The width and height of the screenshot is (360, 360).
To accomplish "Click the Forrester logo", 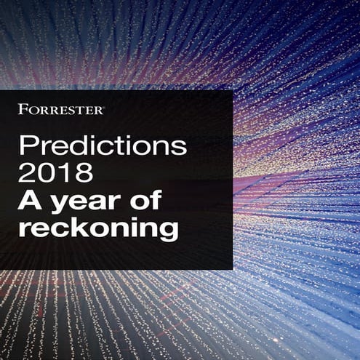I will click(61, 109).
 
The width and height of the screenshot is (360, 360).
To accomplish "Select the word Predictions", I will click(103, 146).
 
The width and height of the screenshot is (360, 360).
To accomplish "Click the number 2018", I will click(56, 174).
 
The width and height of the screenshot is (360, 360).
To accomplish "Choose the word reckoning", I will click(97, 229).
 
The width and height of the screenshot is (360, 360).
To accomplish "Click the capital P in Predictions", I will click(27, 145).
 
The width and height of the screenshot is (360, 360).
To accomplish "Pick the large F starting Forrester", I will click(23, 109).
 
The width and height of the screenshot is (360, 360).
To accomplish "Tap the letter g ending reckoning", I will click(168, 231).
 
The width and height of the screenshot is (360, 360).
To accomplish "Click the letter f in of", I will click(155, 200).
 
